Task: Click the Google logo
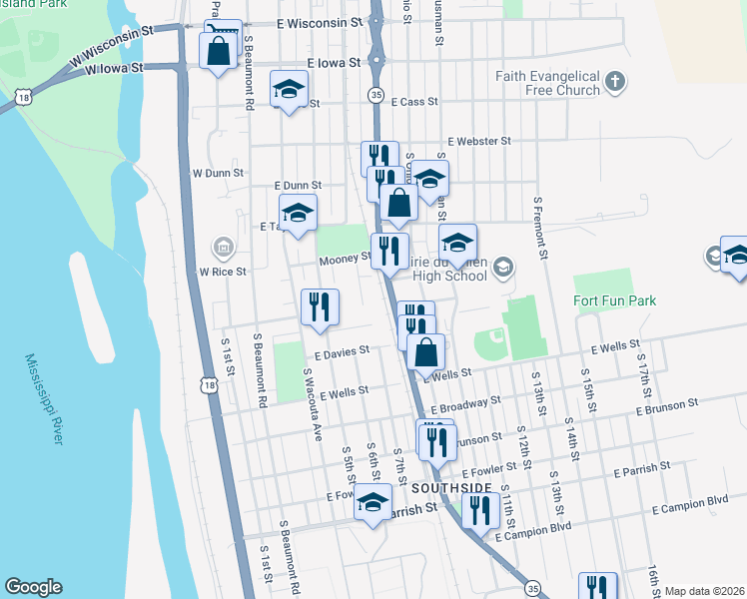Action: pos(33,587)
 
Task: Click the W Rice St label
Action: pos(223,271)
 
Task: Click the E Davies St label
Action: pos(342,351)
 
